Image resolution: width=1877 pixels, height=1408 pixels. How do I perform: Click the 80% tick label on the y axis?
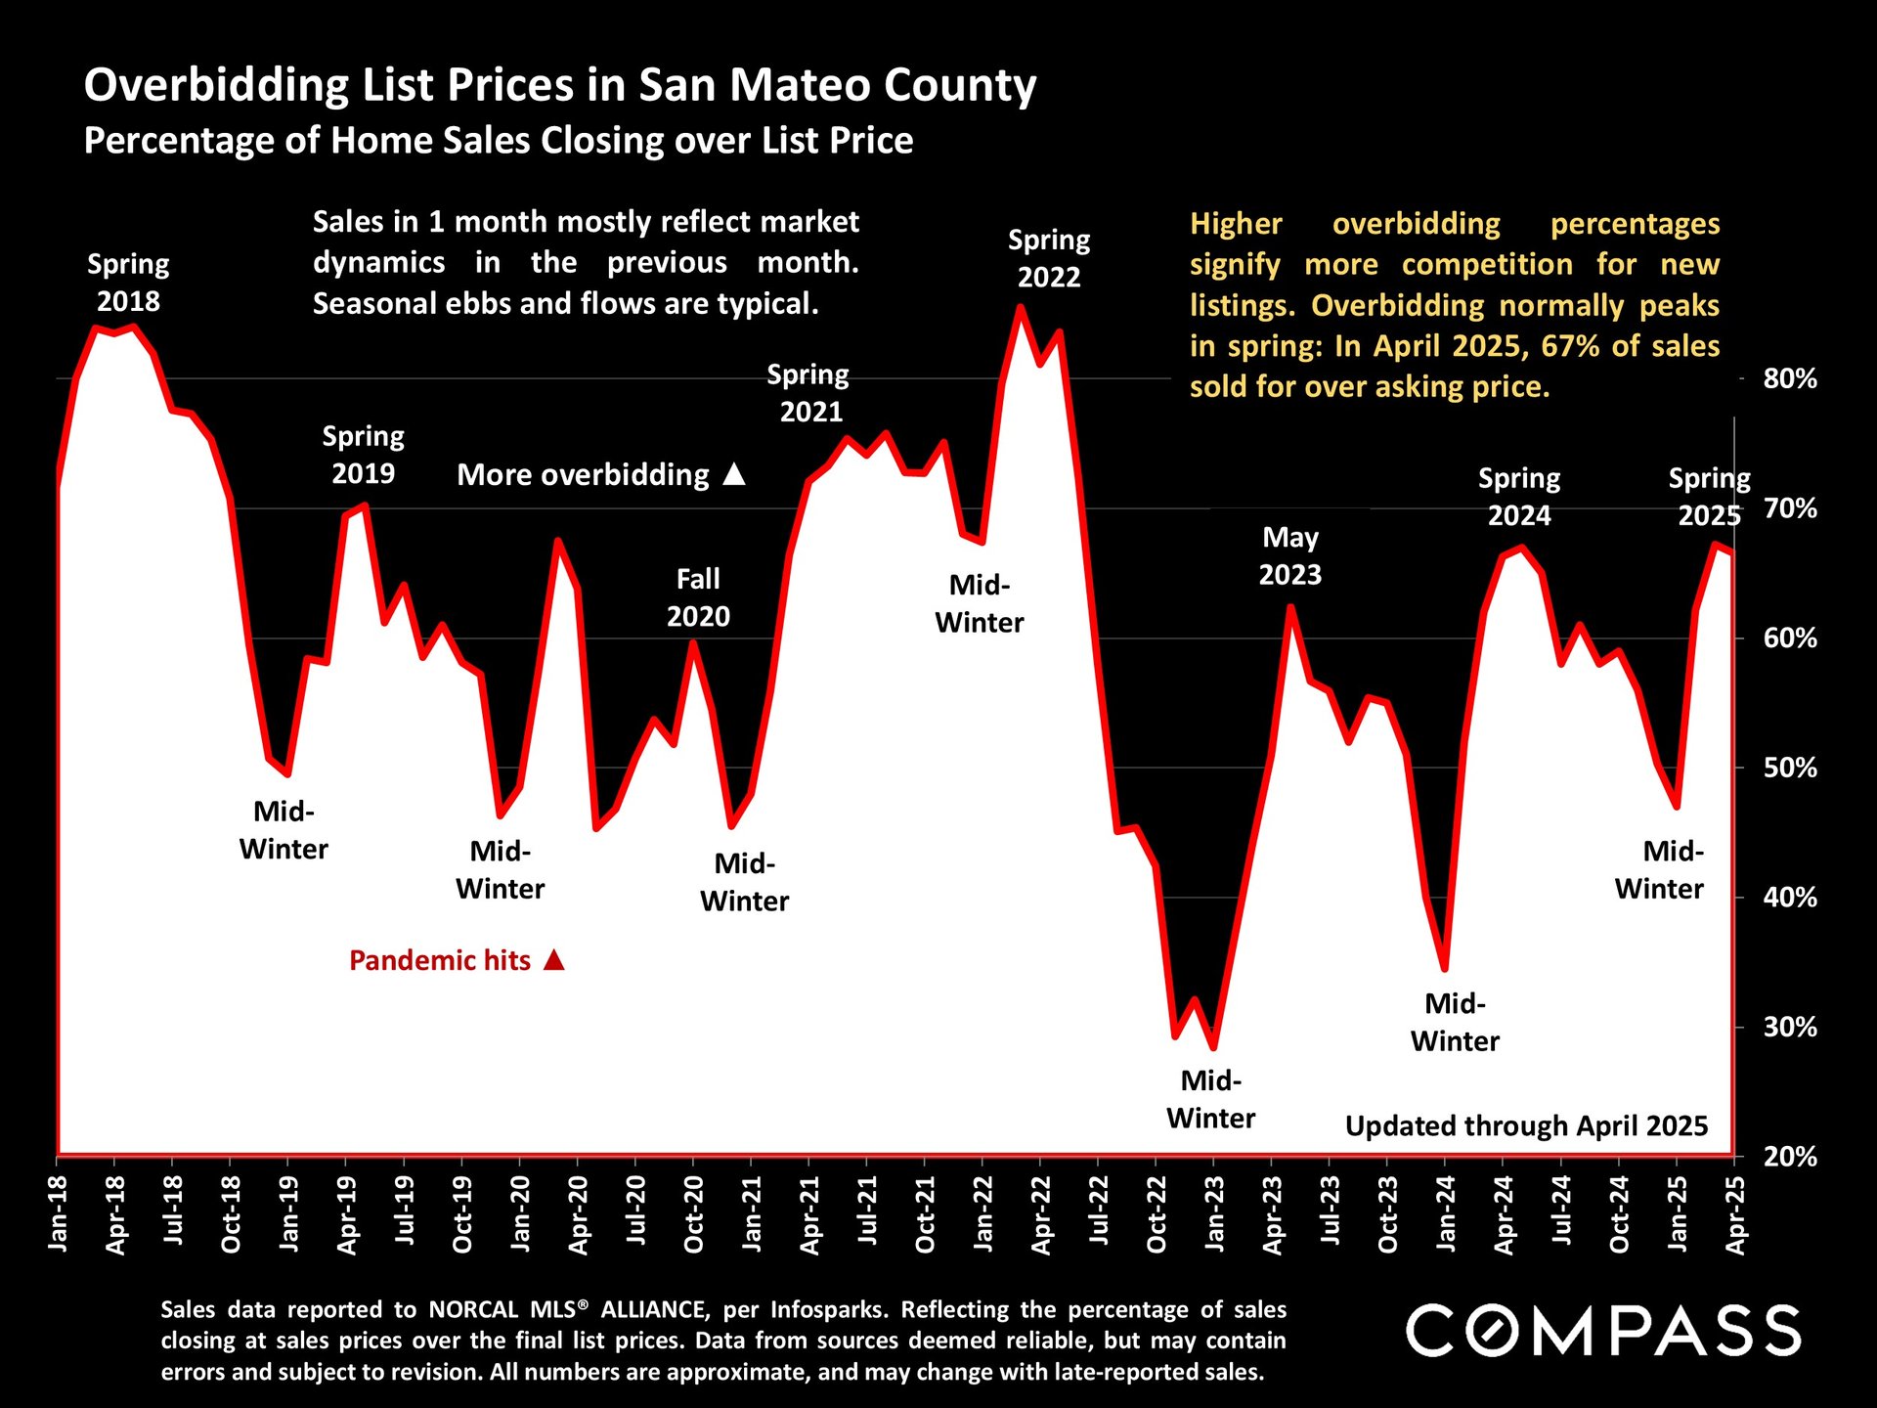coord(1789,379)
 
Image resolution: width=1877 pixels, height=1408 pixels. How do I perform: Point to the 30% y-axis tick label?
coord(1789,1028)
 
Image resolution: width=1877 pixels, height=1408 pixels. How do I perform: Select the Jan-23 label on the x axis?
coord(1214,1214)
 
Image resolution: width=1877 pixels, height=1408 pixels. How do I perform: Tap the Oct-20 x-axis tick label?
coord(694,1214)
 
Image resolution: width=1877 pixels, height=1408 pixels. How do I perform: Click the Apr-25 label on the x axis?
coord(1735,1214)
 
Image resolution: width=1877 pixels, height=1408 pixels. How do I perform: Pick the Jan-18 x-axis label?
coord(59,1214)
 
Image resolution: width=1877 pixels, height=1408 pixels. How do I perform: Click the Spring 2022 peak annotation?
coord(1049,258)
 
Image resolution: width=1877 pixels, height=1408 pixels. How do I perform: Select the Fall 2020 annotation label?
coord(698,597)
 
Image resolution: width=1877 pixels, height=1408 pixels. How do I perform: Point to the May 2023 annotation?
coord(1290,555)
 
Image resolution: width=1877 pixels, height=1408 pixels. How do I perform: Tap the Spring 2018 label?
coord(128,283)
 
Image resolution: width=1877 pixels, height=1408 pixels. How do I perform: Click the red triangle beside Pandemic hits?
coord(554,959)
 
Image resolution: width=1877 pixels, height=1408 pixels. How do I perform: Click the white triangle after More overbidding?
coord(734,474)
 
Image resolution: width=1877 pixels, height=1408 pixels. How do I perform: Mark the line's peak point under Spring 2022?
coord(1020,308)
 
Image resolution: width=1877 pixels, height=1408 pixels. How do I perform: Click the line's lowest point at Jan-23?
coord(1213,1047)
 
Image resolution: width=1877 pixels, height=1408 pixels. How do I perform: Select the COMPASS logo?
coord(1603,1331)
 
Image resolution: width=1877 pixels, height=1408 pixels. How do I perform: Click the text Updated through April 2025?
coord(1526,1126)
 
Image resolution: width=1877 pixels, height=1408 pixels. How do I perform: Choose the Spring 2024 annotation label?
coord(1519,497)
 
